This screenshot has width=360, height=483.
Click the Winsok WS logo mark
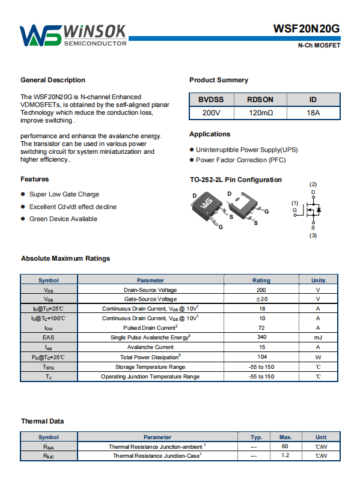(40, 35)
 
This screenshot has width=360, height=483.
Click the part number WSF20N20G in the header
(307, 29)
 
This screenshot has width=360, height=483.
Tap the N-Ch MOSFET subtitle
(319, 45)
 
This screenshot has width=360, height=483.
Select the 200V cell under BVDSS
(211, 113)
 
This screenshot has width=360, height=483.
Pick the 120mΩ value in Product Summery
(261, 113)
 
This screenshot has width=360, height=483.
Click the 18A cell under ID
(313, 113)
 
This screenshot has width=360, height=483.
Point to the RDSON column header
(260, 100)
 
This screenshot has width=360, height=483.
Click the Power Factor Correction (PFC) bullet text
(241, 160)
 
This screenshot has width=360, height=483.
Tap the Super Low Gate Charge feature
(64, 194)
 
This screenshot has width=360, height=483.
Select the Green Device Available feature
(63, 219)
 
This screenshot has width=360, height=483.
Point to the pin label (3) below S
(313, 235)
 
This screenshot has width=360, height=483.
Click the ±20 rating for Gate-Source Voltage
(261, 299)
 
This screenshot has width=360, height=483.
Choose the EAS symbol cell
(49, 337)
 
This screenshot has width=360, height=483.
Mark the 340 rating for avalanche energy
(261, 337)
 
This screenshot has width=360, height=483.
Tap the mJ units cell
(318, 338)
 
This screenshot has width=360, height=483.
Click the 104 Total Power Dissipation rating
(262, 357)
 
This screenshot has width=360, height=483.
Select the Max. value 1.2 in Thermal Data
(285, 455)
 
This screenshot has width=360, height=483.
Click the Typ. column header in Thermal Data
(257, 437)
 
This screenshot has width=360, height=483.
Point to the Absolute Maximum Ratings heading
(66, 258)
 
